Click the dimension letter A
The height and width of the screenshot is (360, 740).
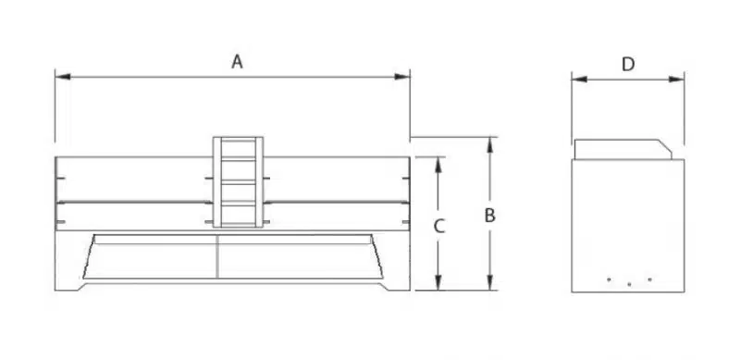tap(237, 62)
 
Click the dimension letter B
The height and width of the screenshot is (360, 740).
tap(490, 216)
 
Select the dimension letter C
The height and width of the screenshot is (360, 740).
tap(439, 227)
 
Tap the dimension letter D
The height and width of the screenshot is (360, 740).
tap(628, 64)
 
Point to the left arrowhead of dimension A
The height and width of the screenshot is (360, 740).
tap(63, 77)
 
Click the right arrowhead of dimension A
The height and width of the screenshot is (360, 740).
tap(402, 77)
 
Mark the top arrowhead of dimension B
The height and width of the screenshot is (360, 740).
tap(490, 144)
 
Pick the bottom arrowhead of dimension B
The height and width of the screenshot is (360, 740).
tap(490, 282)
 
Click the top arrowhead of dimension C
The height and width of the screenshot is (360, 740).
tap(438, 165)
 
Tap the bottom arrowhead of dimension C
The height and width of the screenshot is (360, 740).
tap(438, 282)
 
